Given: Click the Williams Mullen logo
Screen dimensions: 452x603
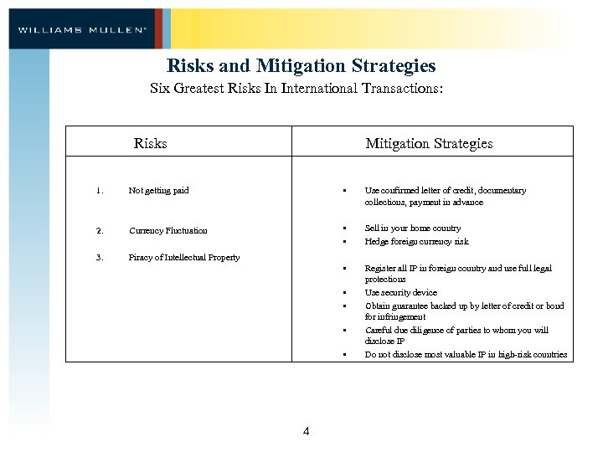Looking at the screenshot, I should click(x=82, y=29).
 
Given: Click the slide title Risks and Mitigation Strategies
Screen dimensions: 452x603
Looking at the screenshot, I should click(x=301, y=65).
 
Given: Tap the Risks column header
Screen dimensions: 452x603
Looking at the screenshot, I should click(x=150, y=143).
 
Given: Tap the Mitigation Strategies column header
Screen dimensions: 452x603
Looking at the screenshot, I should click(x=429, y=143).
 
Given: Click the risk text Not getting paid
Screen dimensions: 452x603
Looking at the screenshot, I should click(x=158, y=190).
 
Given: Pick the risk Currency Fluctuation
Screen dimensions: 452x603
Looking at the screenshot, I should click(x=167, y=230).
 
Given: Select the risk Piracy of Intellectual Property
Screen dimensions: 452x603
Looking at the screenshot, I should click(x=183, y=257).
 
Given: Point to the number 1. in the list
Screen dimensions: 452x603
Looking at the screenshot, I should click(x=99, y=190).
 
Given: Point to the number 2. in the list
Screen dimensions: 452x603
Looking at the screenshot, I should click(x=99, y=230).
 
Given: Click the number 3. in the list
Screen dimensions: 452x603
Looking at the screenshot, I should click(x=99, y=257).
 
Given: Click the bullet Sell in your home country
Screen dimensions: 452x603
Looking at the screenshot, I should click(x=412, y=228).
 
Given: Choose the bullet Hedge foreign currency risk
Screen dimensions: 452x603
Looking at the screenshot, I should click(x=416, y=241).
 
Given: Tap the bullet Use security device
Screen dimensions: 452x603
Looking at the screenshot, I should click(x=400, y=293).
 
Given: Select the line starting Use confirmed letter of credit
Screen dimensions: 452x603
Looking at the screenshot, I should click(x=445, y=191).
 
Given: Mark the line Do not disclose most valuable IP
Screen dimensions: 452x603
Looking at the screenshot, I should click(x=466, y=354).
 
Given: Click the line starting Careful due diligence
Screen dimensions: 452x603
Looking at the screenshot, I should click(x=456, y=330).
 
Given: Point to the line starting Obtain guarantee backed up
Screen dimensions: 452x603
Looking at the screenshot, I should click(x=464, y=306).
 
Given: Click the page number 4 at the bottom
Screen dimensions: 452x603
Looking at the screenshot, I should click(x=306, y=431).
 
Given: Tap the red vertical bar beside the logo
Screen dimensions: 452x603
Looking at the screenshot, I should click(x=159, y=29).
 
